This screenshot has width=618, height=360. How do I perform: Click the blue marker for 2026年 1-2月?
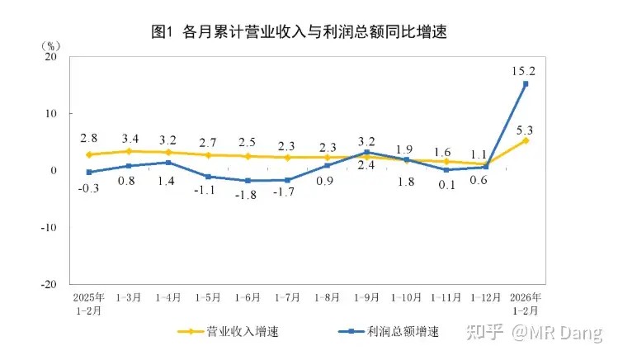pyautogui.click(x=525, y=84)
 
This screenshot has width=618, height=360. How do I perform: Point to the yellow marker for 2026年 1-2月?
pyautogui.click(x=525, y=140)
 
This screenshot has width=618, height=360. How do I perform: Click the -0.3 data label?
pyautogui.click(x=89, y=188)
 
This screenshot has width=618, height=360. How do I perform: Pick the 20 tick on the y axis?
pyautogui.click(x=52, y=57)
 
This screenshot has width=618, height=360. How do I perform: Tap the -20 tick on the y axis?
pyautogui.click(x=49, y=283)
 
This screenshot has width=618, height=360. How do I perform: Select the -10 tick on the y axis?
pyautogui.click(x=49, y=227)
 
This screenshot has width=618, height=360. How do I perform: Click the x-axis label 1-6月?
pyautogui.click(x=248, y=296)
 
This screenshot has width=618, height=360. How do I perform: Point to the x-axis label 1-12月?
pyautogui.click(x=484, y=296)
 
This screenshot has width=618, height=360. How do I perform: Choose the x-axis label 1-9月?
pyautogui.click(x=366, y=296)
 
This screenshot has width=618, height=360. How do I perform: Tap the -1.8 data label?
pyautogui.click(x=247, y=197)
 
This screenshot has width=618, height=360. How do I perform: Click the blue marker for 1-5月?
pyautogui.click(x=208, y=177)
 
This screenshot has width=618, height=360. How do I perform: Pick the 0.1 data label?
pyautogui.click(x=446, y=185)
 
